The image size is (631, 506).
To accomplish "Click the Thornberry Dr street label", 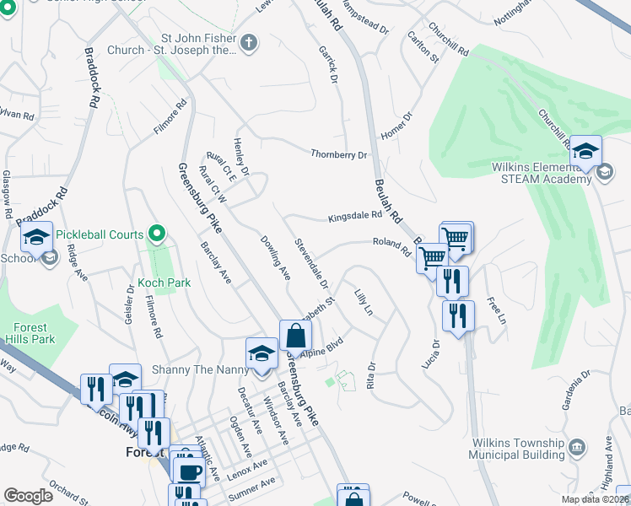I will tap(339, 154).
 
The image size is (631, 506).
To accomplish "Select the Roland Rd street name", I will tap(391, 245).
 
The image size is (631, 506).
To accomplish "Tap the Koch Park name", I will tap(165, 283).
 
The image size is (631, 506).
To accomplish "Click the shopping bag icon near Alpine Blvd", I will tap(295, 336).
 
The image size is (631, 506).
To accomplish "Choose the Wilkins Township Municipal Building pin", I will tap(578, 445).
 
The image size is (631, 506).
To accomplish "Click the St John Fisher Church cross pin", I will tap(249, 43).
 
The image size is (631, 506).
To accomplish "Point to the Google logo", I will tap(29, 495).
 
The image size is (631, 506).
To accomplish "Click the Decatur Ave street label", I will tap(242, 404).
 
